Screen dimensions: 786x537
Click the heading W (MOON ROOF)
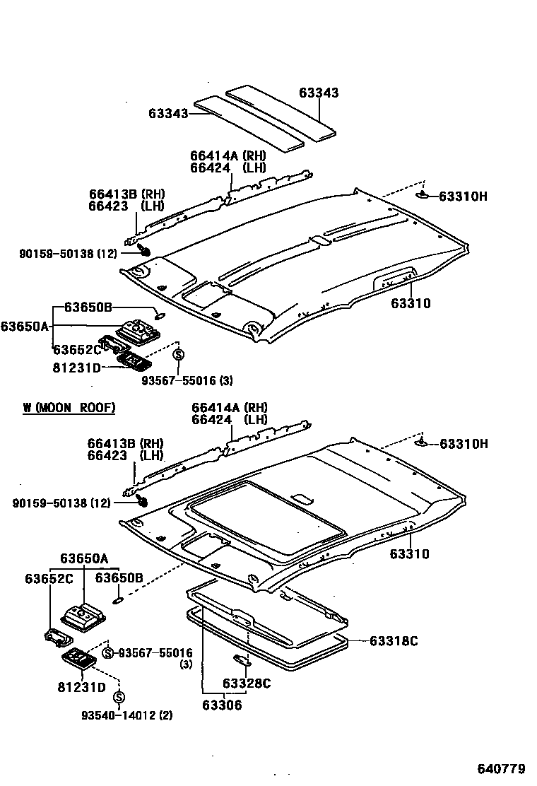(x=69, y=408)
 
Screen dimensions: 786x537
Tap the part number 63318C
(x=394, y=641)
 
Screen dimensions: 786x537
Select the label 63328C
(x=247, y=683)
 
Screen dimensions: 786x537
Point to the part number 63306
(x=221, y=705)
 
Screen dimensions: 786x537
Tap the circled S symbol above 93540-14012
(x=119, y=698)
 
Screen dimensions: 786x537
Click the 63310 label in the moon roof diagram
(x=409, y=554)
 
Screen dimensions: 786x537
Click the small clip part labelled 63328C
(x=242, y=660)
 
